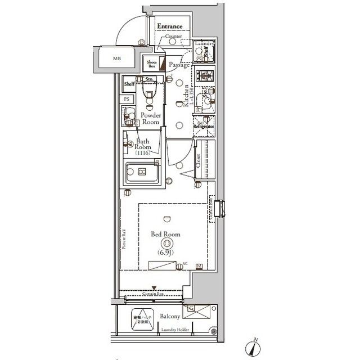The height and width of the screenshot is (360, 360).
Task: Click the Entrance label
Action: pyautogui.click(x=169, y=26)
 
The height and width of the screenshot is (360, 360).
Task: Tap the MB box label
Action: pyautogui.click(x=116, y=58)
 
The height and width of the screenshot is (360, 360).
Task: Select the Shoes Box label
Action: pyautogui.click(x=151, y=64)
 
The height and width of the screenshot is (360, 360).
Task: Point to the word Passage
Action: pyautogui.click(x=179, y=65)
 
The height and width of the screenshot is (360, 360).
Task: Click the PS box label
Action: pyautogui.click(x=128, y=99)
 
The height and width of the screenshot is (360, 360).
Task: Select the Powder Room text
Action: pyautogui.click(x=151, y=118)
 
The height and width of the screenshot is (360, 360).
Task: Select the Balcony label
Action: pyautogui.click(x=168, y=317)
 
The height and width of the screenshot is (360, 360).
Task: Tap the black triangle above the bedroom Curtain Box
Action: pyautogui.click(x=154, y=289)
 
